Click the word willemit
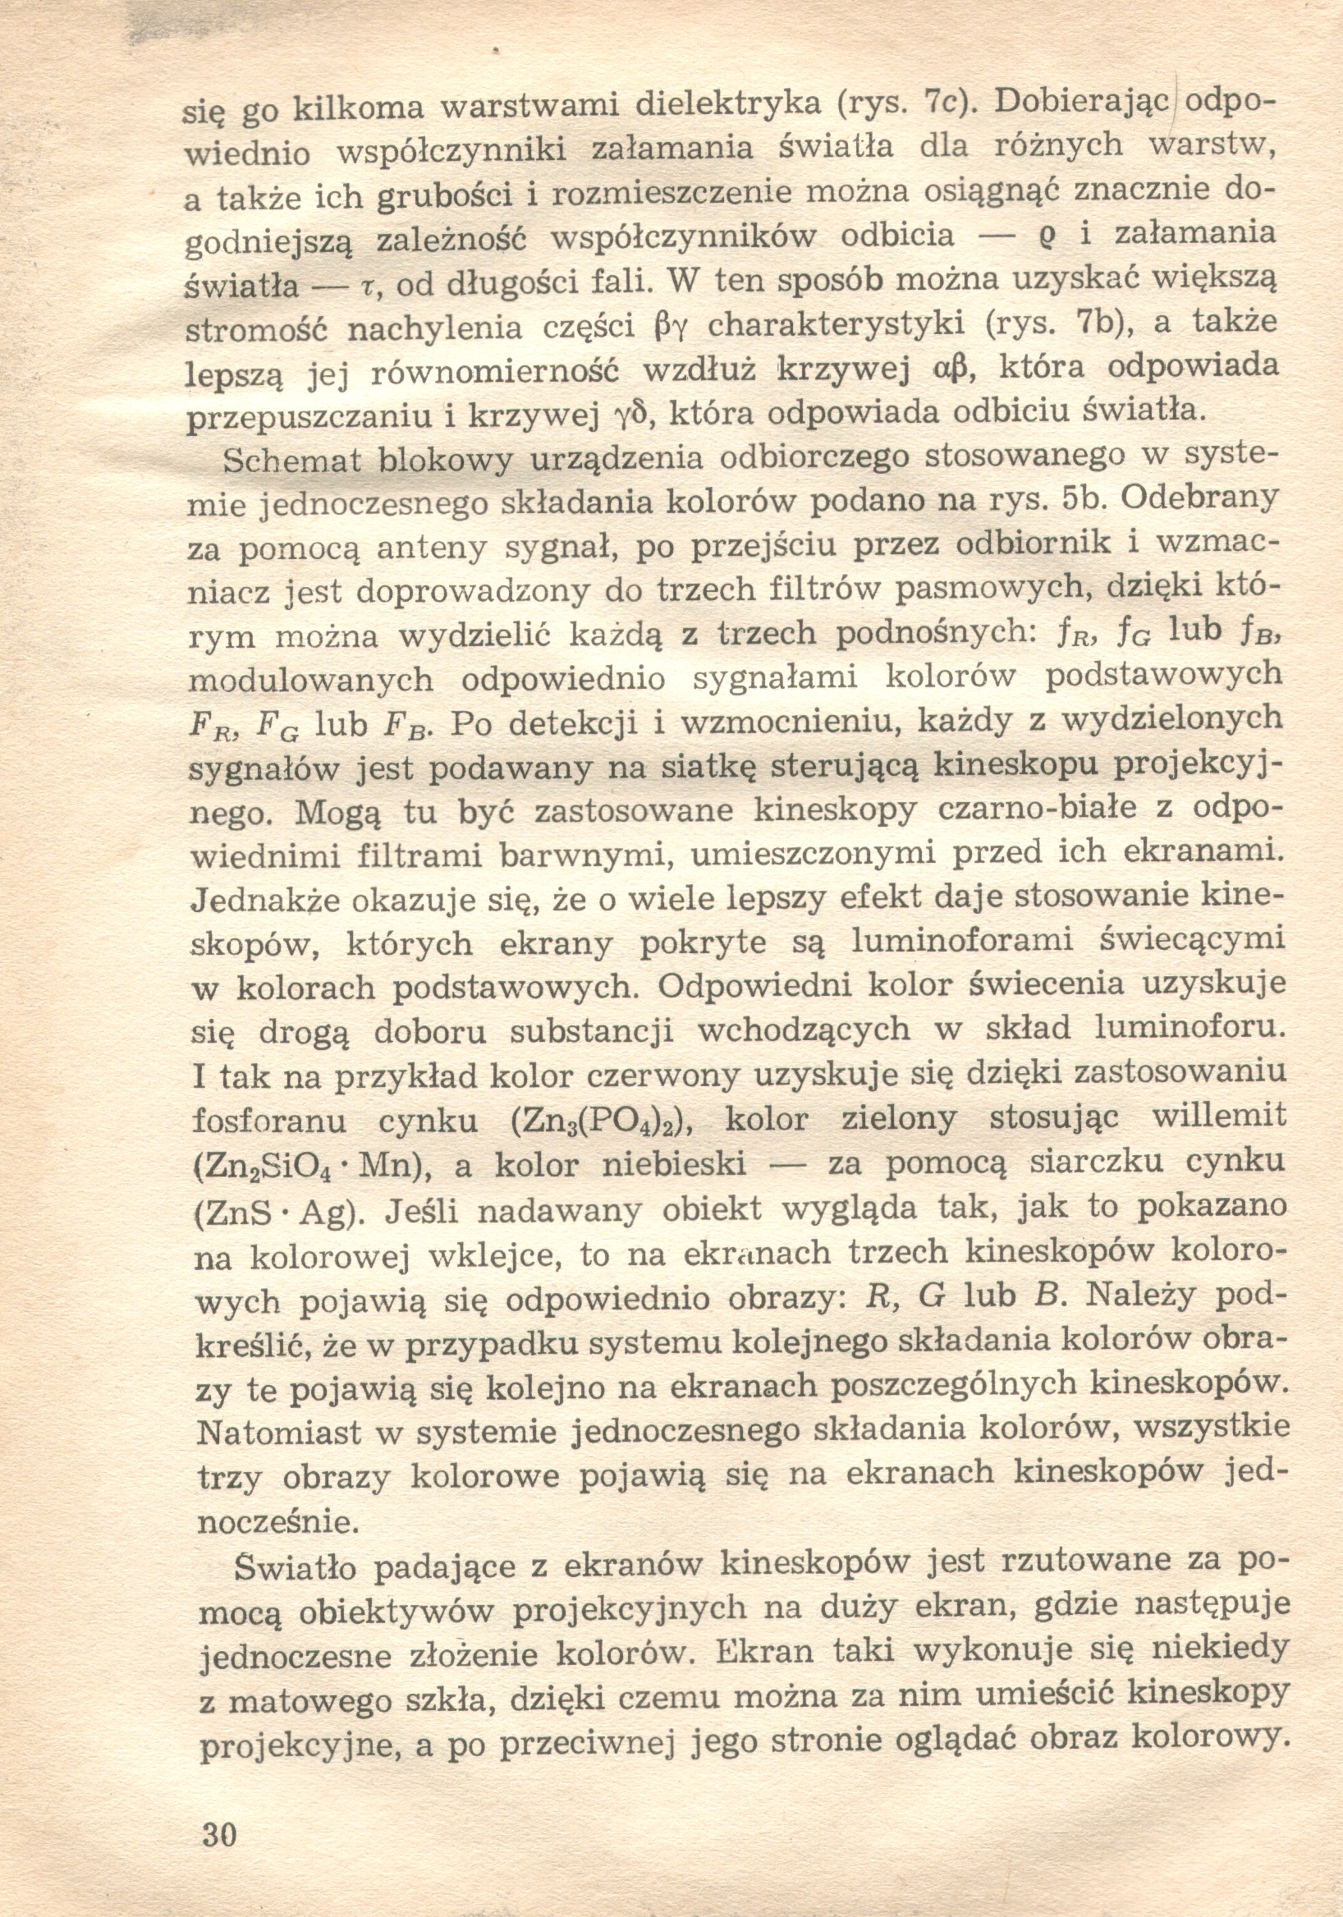[1217, 1117]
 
